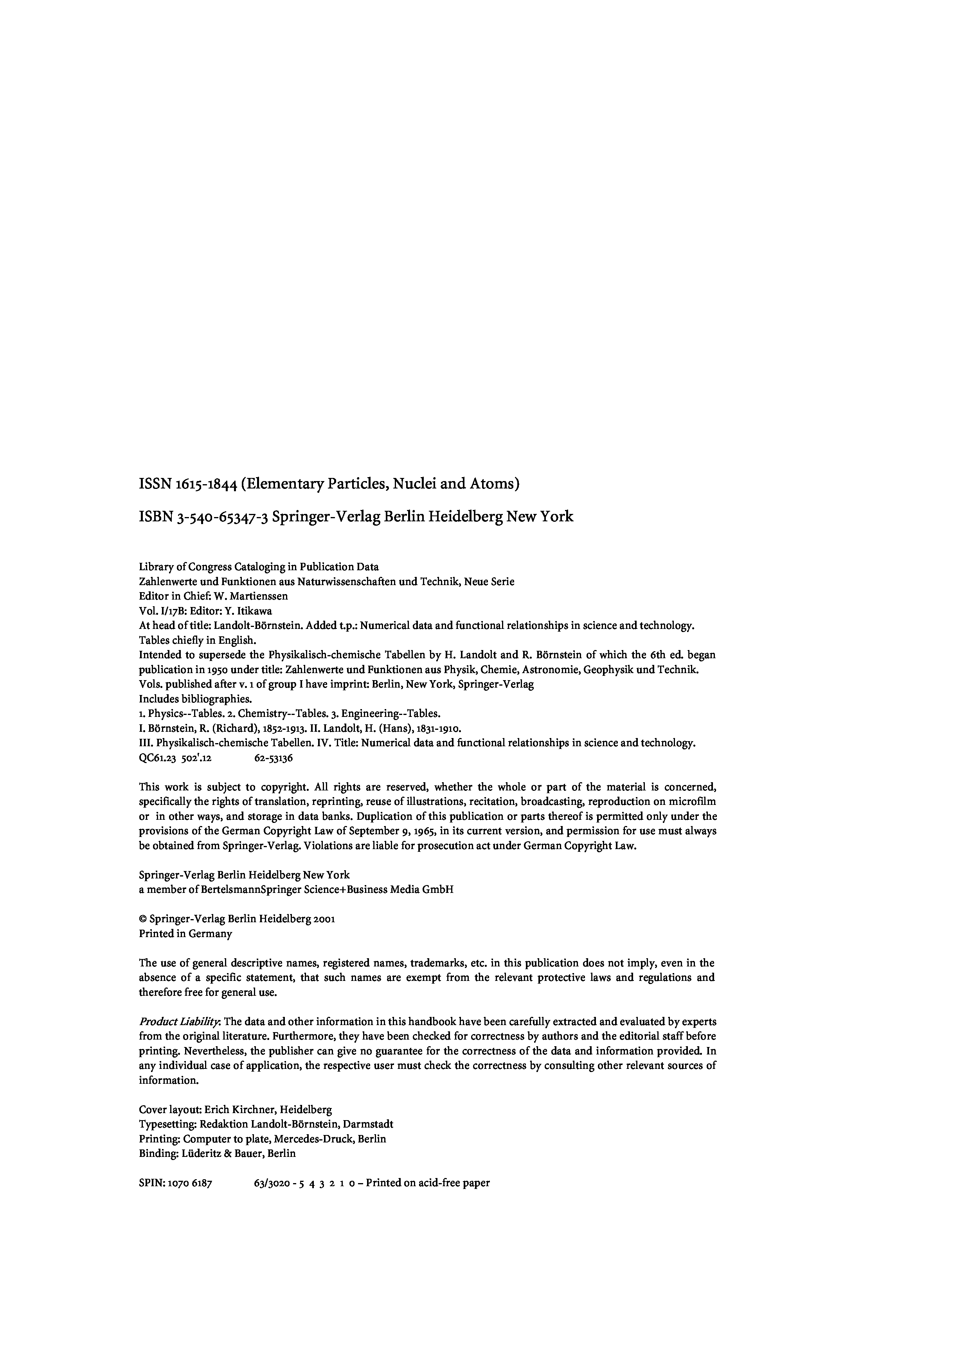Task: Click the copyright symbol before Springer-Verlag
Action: [x=142, y=919]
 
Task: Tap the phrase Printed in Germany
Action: [x=185, y=934]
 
